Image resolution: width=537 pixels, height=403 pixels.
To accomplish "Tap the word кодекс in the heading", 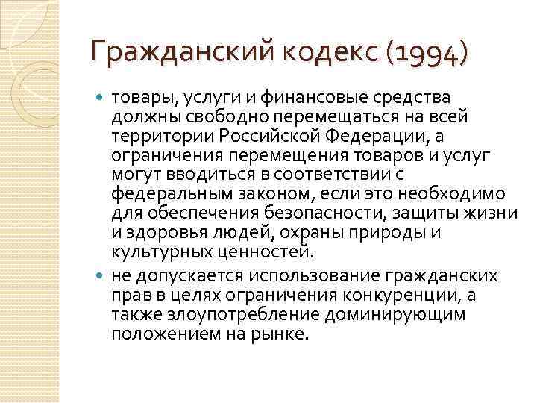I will pos(321,54).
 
